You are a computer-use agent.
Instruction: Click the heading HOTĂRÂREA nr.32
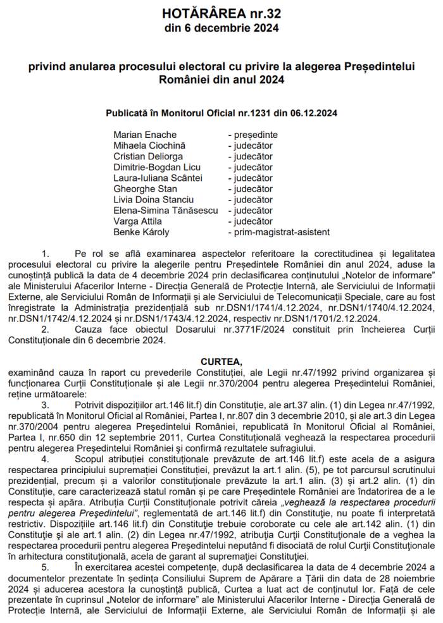point(221,13)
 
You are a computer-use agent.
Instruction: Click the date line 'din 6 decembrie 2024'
point(221,28)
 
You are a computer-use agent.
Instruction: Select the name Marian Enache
point(145,135)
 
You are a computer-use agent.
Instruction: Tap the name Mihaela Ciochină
point(149,145)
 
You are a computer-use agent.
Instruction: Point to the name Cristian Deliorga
point(148,156)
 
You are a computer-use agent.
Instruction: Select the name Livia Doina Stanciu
point(153,200)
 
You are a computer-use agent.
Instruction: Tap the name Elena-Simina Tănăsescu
point(165,211)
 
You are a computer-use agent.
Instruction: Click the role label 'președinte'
point(255,135)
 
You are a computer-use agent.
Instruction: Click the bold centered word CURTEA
point(221,362)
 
